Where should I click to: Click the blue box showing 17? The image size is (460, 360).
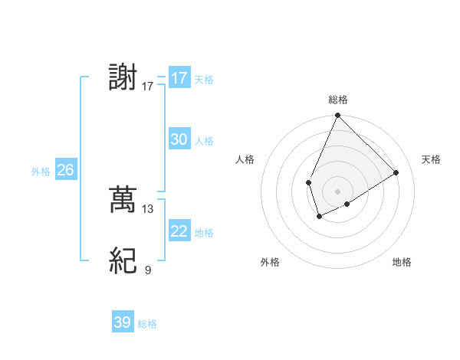[179, 78]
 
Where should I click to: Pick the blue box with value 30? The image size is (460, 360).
[179, 139]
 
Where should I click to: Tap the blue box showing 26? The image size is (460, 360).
[65, 170]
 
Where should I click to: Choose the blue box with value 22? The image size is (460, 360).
[179, 231]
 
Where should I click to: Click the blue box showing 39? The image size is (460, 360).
[122, 322]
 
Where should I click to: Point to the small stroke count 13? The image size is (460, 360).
[148, 208]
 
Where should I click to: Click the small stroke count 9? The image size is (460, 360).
[148, 270]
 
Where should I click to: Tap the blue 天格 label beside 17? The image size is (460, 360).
[204, 79]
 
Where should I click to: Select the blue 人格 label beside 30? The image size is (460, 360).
[204, 140]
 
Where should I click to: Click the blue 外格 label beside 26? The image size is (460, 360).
[41, 172]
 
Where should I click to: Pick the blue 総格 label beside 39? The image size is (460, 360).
[147, 323]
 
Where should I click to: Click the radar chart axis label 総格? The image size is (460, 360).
[338, 100]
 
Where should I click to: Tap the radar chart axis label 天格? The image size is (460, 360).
[431, 159]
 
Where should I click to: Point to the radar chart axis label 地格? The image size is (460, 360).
[402, 262]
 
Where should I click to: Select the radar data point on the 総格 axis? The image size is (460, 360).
[337, 116]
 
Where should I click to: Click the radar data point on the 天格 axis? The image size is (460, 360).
[396, 173]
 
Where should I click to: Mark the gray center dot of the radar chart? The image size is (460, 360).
[337, 191]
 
